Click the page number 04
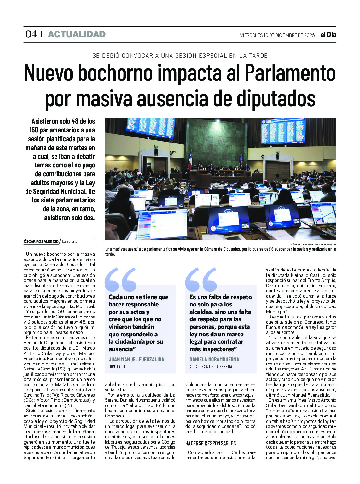(31, 34)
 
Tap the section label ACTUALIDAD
(77, 34)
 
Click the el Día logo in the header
(328, 35)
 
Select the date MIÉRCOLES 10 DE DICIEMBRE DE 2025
(277, 35)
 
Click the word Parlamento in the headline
(290, 73)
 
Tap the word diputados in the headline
(276, 98)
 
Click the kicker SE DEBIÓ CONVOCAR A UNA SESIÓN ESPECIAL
(180, 56)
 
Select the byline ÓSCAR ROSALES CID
(41, 242)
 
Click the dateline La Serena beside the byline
(69, 242)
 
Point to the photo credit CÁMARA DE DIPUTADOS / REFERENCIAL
(313, 244)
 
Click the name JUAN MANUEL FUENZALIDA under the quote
(136, 359)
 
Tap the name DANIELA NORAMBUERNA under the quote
(214, 359)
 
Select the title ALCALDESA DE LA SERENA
(211, 367)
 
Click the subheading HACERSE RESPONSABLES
(210, 443)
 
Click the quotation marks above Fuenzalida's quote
(120, 279)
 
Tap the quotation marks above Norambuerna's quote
(201, 279)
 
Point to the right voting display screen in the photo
(283, 131)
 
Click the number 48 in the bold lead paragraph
(75, 121)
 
